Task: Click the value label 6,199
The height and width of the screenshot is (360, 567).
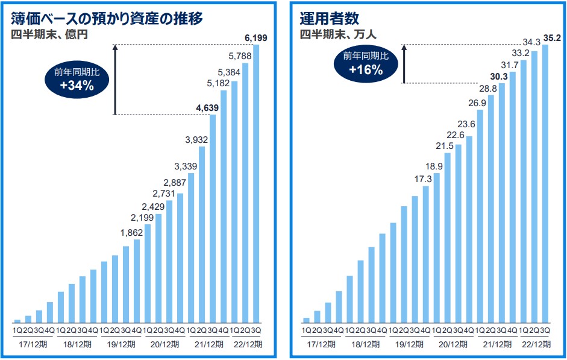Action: coord(256,38)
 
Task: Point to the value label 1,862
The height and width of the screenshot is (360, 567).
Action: coord(131,233)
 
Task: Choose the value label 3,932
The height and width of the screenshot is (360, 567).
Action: coord(196,141)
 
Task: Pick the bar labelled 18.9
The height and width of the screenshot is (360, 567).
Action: coord(437,248)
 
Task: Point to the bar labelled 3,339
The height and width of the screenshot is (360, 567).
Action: coord(191,248)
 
